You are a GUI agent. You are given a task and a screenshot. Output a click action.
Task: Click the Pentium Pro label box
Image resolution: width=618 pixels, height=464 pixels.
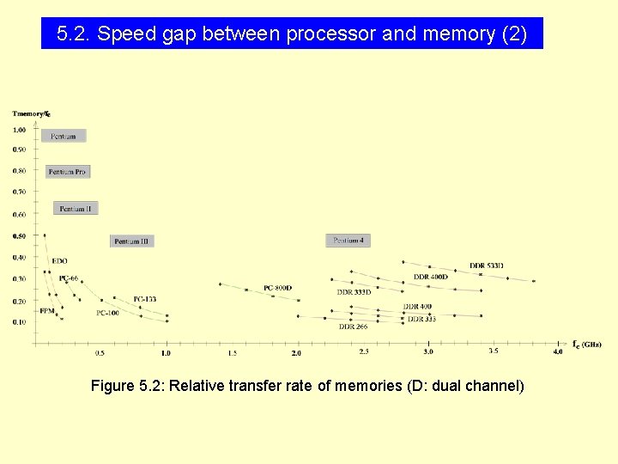click(x=67, y=172)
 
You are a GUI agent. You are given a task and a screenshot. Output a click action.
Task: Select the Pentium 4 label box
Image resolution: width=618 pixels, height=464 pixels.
click(x=348, y=241)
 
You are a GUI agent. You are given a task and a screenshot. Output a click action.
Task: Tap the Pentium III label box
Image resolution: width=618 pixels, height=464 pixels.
click(x=131, y=241)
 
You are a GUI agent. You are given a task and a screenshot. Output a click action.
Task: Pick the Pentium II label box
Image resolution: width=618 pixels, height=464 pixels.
click(x=76, y=208)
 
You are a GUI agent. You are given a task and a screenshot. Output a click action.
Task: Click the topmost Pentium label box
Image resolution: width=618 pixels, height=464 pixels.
click(x=64, y=136)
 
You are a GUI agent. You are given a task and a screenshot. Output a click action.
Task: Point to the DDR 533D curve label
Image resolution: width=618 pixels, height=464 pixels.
click(x=487, y=266)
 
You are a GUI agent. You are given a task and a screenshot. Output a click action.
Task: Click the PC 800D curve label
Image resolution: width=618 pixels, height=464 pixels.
click(x=277, y=288)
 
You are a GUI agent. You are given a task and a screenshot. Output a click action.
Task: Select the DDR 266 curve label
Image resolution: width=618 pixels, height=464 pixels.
click(x=353, y=327)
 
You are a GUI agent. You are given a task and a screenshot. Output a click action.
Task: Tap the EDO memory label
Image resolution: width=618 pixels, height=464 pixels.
click(x=59, y=260)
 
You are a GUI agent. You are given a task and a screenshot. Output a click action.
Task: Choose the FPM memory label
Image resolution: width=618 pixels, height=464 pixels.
click(x=47, y=310)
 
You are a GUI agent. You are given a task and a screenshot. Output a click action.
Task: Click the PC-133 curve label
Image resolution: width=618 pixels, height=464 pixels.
click(x=144, y=299)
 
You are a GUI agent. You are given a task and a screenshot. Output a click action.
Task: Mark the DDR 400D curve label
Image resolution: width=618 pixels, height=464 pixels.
click(x=430, y=277)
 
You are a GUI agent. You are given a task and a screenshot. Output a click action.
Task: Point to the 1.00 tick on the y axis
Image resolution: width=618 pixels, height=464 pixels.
click(x=19, y=130)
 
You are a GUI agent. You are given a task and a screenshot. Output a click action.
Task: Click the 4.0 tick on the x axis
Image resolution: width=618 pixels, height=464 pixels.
click(x=557, y=351)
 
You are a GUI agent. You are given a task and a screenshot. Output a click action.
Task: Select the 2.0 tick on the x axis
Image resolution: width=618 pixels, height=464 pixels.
click(x=296, y=353)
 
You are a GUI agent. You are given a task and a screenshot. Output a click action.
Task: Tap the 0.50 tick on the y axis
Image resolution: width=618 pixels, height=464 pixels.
click(x=19, y=236)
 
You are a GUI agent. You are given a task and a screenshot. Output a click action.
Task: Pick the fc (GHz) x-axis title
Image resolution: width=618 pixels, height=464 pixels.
click(x=587, y=344)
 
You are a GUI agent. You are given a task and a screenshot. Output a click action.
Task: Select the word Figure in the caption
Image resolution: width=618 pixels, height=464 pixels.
click(x=112, y=386)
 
